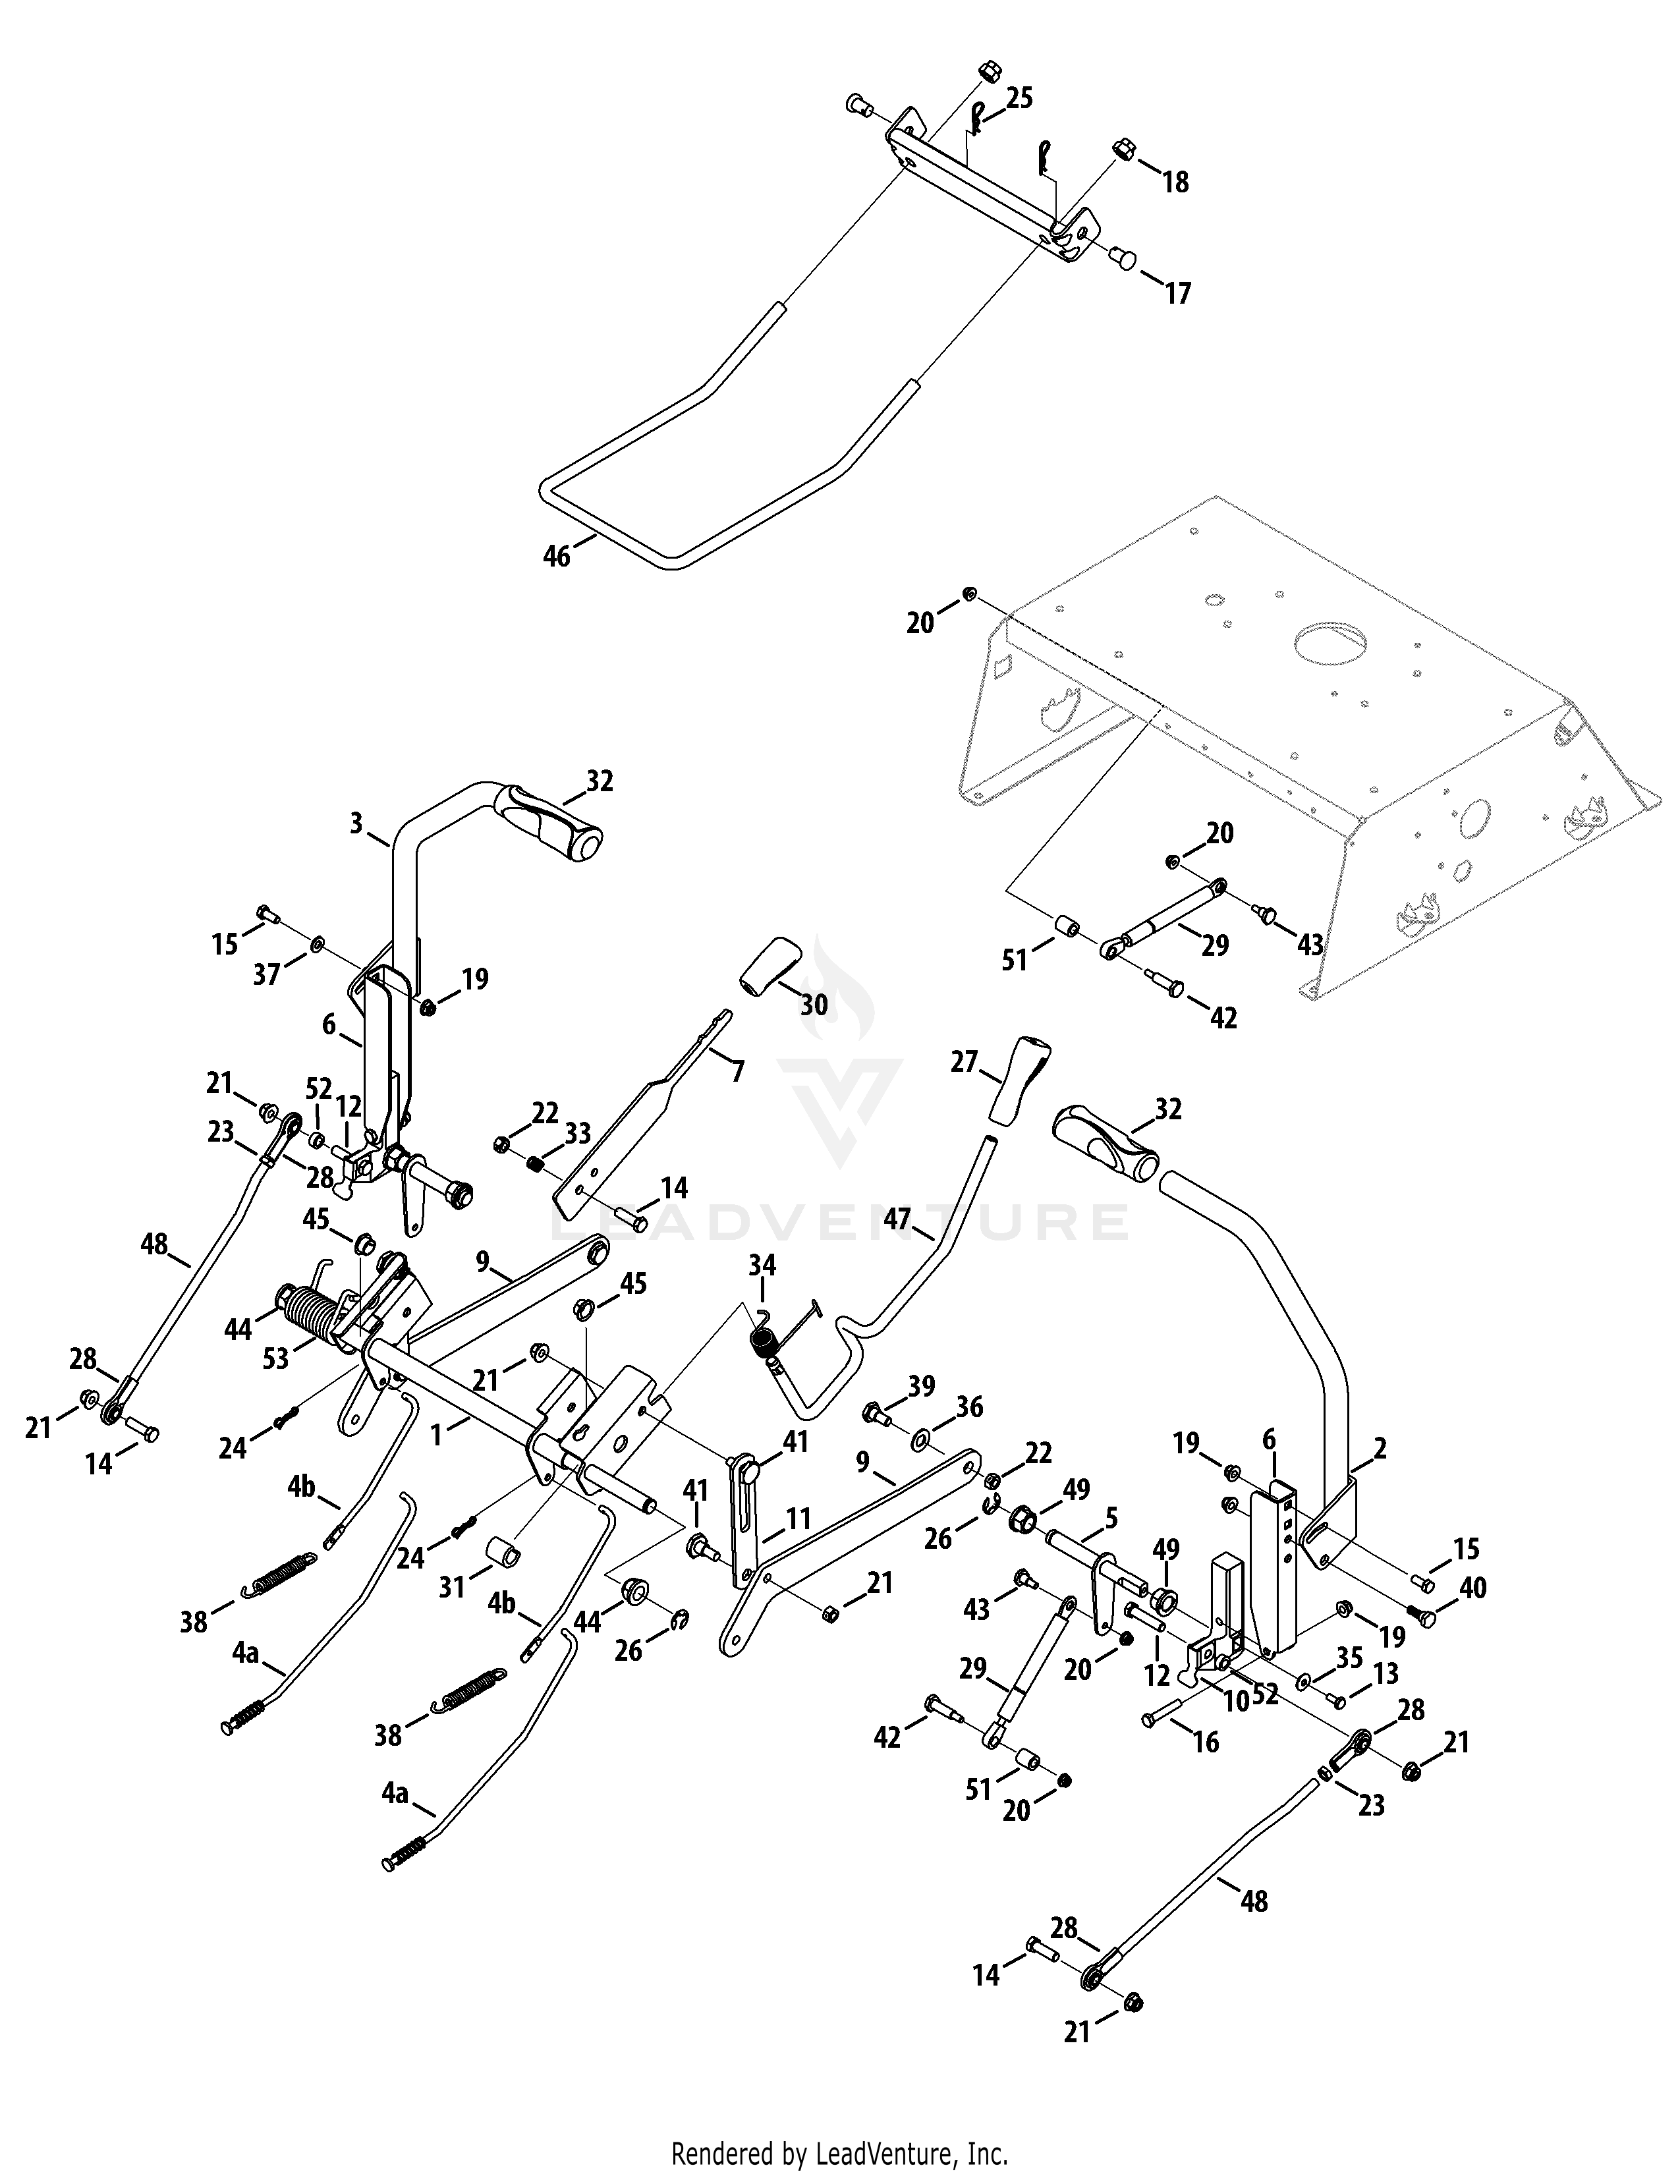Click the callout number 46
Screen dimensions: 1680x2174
click(x=556, y=557)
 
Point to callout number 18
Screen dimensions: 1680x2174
click(x=1175, y=182)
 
